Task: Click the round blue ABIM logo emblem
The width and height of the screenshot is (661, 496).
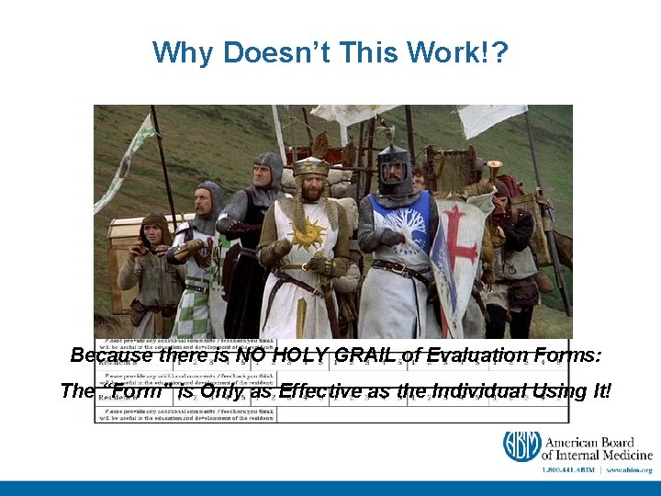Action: (521, 445)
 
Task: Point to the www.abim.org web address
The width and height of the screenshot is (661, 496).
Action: (629, 469)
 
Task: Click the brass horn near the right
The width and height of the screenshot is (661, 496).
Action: (494, 169)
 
